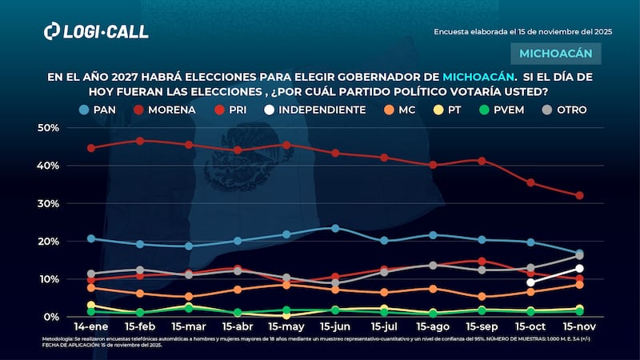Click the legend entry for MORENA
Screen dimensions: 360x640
click(166, 110)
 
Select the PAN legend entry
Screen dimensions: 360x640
click(99, 110)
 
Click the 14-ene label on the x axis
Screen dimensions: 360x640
click(91, 329)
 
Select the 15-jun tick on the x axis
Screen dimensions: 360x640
click(335, 329)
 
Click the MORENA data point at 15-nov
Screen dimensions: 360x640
click(579, 195)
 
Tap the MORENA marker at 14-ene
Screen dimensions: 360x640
click(91, 148)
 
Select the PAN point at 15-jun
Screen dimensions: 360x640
click(335, 228)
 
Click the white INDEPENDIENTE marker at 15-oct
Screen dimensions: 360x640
click(530, 282)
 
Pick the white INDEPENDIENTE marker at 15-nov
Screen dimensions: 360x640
click(579, 269)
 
